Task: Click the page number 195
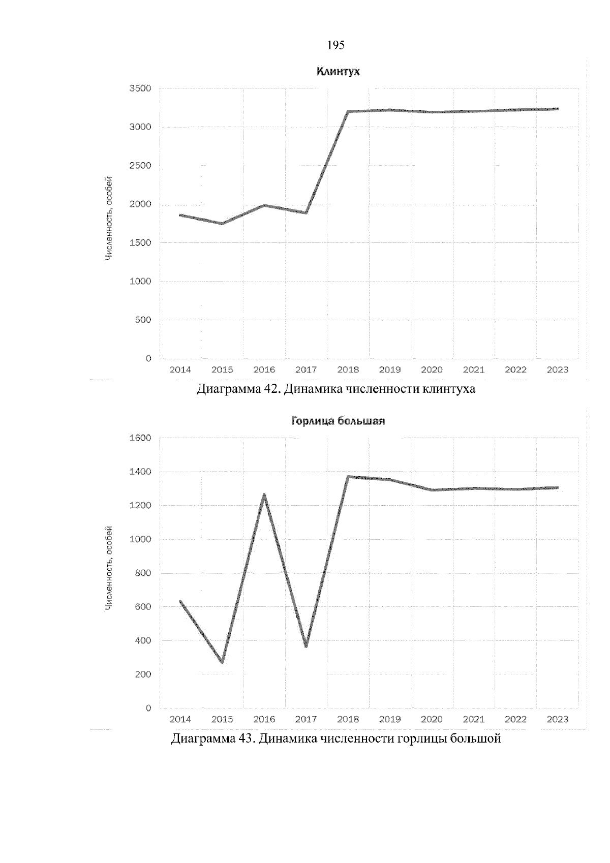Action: (x=336, y=46)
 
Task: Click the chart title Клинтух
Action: (x=338, y=72)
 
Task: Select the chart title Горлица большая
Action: (x=338, y=421)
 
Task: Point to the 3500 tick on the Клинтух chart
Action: (x=141, y=88)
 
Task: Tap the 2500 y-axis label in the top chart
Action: (x=141, y=166)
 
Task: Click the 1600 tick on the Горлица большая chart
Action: (x=141, y=438)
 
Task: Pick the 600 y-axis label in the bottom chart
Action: (x=143, y=607)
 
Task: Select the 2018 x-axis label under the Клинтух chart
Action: (x=348, y=370)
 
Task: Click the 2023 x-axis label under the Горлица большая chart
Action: (x=558, y=719)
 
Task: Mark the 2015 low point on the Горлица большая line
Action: (x=223, y=662)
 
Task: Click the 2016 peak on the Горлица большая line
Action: (x=264, y=495)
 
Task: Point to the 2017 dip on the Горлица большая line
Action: (x=306, y=646)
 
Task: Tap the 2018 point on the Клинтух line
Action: (x=349, y=111)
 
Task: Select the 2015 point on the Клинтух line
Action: (x=223, y=223)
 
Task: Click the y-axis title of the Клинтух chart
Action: (x=108, y=219)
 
